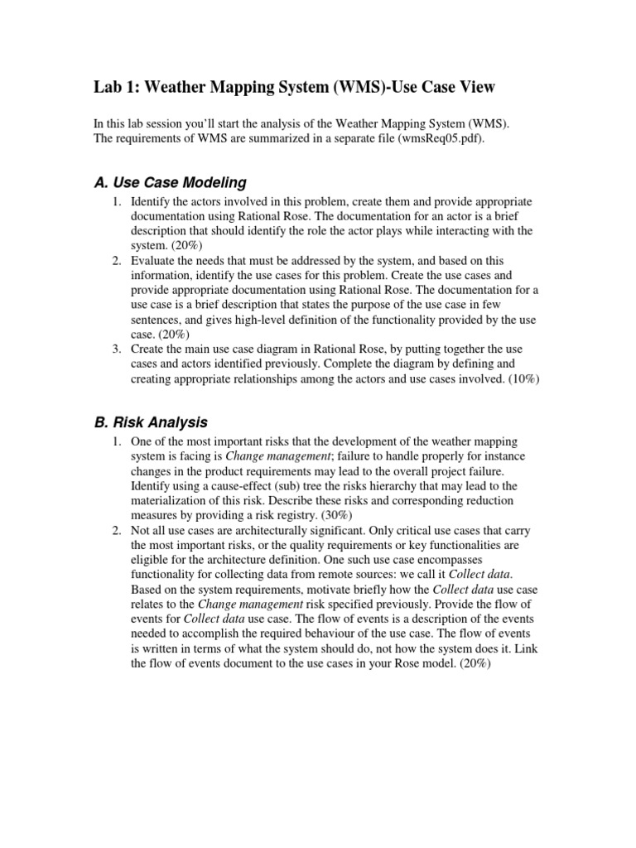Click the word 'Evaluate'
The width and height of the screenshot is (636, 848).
(x=154, y=261)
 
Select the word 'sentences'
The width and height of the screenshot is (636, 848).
(x=157, y=320)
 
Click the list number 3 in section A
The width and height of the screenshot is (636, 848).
(x=118, y=349)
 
